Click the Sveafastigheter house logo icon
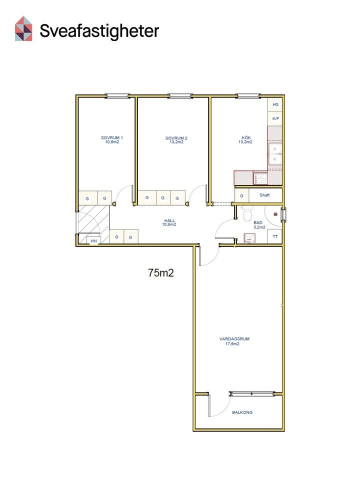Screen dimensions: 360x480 (x=23, y=28)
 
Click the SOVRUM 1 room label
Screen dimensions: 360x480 (x=112, y=138)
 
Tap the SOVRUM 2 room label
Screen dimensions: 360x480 (x=176, y=138)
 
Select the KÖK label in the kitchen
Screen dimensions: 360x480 (x=246, y=138)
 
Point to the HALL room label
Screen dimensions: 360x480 (x=169, y=220)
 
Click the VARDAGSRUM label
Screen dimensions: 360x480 (x=234, y=339)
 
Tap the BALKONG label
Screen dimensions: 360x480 (x=242, y=412)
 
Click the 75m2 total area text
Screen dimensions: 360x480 (x=161, y=272)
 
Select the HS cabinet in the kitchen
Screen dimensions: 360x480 (x=275, y=104)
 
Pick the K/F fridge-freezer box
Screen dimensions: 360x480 (x=275, y=119)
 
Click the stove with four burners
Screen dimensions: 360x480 (x=260, y=178)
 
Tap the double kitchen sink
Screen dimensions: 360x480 (x=275, y=154)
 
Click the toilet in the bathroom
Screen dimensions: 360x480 (x=247, y=213)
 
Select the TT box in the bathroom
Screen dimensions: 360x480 (x=275, y=236)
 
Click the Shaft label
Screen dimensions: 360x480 (x=264, y=195)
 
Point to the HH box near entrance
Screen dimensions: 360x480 (x=93, y=240)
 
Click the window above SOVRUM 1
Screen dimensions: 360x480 (x=117, y=96)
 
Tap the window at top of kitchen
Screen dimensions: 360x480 (x=248, y=96)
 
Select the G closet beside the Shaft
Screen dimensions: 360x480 (x=242, y=195)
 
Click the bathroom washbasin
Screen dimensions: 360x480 (x=249, y=238)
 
